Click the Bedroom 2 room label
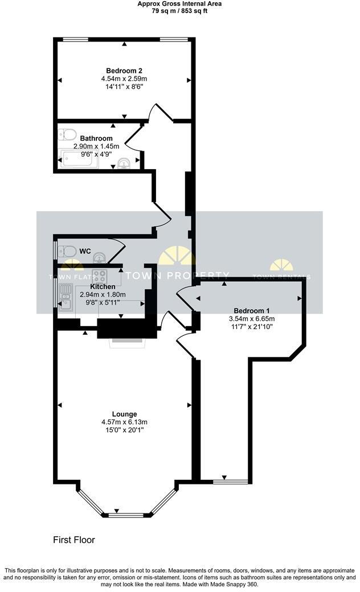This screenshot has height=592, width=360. coord(124,71)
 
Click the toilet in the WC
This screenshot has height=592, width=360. coord(66,250)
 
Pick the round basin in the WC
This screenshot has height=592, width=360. coord(100,258)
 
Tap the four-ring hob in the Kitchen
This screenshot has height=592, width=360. coord(100,276)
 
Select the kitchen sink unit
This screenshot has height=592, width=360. coord(66,297)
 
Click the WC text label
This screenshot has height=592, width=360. coord(85,251)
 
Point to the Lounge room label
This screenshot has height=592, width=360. coord(124,414)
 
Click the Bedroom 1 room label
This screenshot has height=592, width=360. coord(252,311)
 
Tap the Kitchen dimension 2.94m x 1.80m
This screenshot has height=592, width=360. coord(103,294)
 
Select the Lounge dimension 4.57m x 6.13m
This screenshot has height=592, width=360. coord(124,422)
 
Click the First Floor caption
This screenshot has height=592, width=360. coord(74,540)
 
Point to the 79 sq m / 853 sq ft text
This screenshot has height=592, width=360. coord(179,11)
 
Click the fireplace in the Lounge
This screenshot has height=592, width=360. coord(127,341)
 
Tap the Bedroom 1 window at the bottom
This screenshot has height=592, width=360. coord(231,482)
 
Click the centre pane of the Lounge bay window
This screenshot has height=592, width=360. coord(126,515)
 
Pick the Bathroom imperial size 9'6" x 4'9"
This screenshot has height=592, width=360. coord(96,154)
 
